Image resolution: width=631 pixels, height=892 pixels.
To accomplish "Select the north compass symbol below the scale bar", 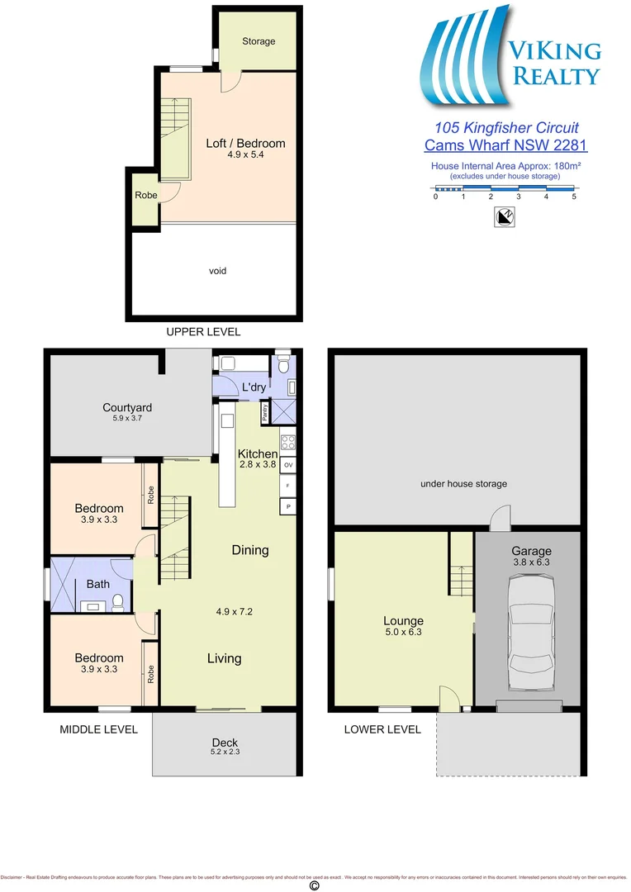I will pos(505,217).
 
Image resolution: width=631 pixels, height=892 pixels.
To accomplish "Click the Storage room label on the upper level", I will pos(259,41).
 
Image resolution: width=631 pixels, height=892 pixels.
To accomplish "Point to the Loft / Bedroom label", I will pos(245,143).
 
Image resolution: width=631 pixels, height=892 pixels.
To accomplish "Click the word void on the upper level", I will pos(217,271).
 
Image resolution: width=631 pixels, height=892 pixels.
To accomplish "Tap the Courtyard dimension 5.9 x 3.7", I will pos(127,419).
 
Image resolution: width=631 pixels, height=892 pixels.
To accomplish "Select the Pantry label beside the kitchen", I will pos(264,411).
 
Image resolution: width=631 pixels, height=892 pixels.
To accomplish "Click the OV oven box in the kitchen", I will pos(288,466).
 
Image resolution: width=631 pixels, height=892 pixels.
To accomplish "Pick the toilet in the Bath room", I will pos(119,602).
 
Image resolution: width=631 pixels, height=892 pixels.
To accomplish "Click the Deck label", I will pos(225,743).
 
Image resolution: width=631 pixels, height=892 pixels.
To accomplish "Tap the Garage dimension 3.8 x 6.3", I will pos(530,562).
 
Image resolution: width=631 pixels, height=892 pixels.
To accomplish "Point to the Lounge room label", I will pos(403,621).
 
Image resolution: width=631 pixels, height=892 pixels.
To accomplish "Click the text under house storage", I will pos(463,483).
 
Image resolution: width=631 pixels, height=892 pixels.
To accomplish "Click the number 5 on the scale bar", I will pos(574,197).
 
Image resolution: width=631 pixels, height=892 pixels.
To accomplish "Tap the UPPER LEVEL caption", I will pos(203,332).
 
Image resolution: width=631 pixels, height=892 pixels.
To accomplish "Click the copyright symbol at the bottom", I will pos(314,885).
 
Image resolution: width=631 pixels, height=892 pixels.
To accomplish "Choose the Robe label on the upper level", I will pos(145,196).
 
